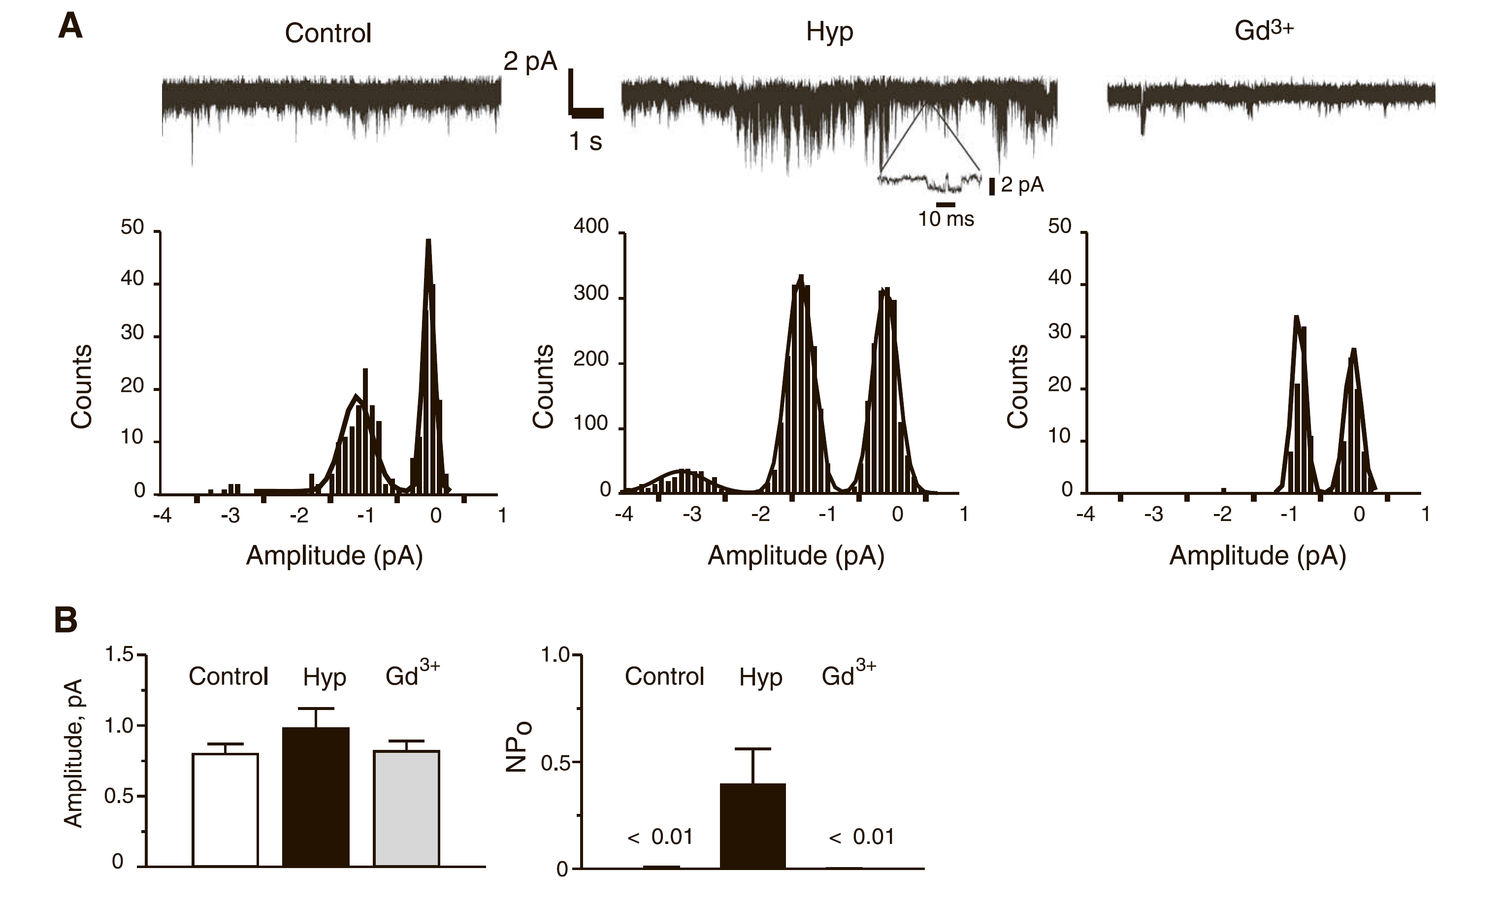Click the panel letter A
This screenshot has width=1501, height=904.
click(70, 28)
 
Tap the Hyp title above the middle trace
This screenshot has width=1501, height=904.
click(829, 32)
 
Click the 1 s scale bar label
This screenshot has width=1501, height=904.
click(586, 141)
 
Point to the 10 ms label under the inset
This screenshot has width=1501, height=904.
click(946, 219)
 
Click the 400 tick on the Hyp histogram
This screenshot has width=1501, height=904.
click(591, 226)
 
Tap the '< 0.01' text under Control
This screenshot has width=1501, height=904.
click(660, 837)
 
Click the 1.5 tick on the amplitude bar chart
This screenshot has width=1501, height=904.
click(119, 655)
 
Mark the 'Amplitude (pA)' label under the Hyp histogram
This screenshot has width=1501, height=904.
click(796, 555)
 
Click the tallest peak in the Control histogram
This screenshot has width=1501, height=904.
click(428, 244)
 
